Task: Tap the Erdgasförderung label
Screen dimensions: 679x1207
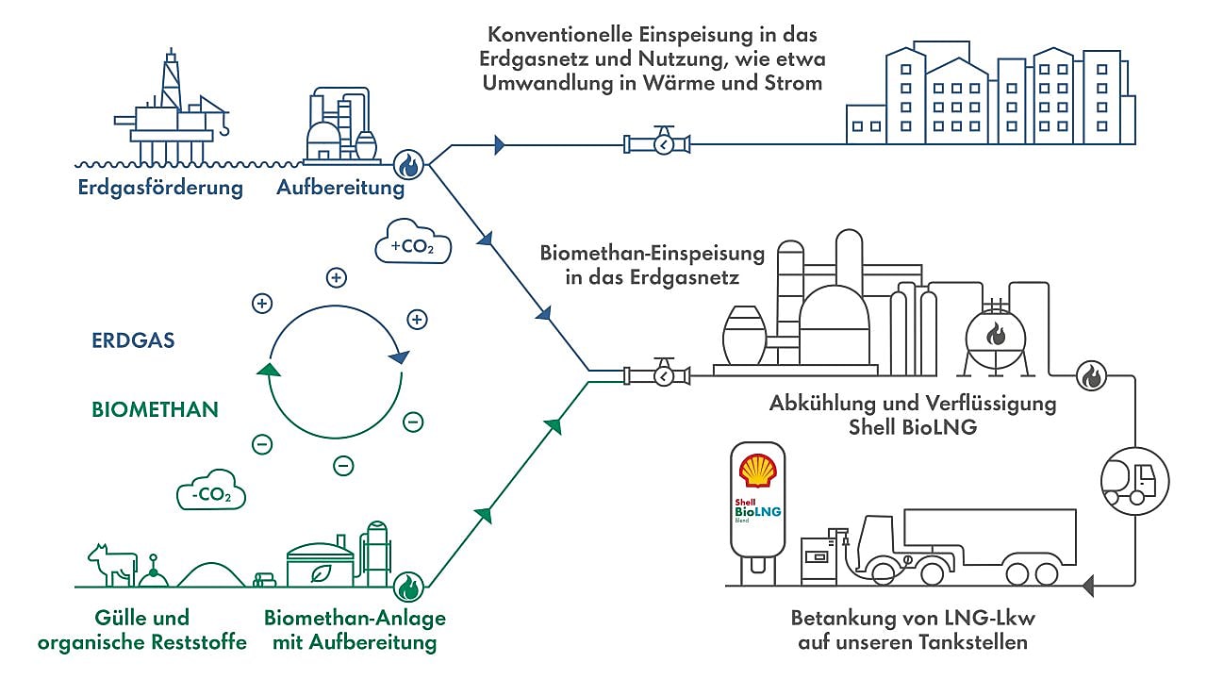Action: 160,188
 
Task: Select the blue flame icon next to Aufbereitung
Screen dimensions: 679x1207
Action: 408,165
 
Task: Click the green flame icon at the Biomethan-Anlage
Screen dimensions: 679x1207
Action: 408,588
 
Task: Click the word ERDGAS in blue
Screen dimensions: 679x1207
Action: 133,341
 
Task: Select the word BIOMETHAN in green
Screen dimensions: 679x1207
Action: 155,409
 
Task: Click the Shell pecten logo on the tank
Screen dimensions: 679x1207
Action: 758,470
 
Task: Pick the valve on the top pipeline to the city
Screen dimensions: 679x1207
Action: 657,143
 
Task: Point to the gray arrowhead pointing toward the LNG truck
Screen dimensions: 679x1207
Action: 1088,587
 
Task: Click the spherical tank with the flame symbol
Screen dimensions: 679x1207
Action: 996,336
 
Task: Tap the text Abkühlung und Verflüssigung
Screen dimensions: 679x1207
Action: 912,404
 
